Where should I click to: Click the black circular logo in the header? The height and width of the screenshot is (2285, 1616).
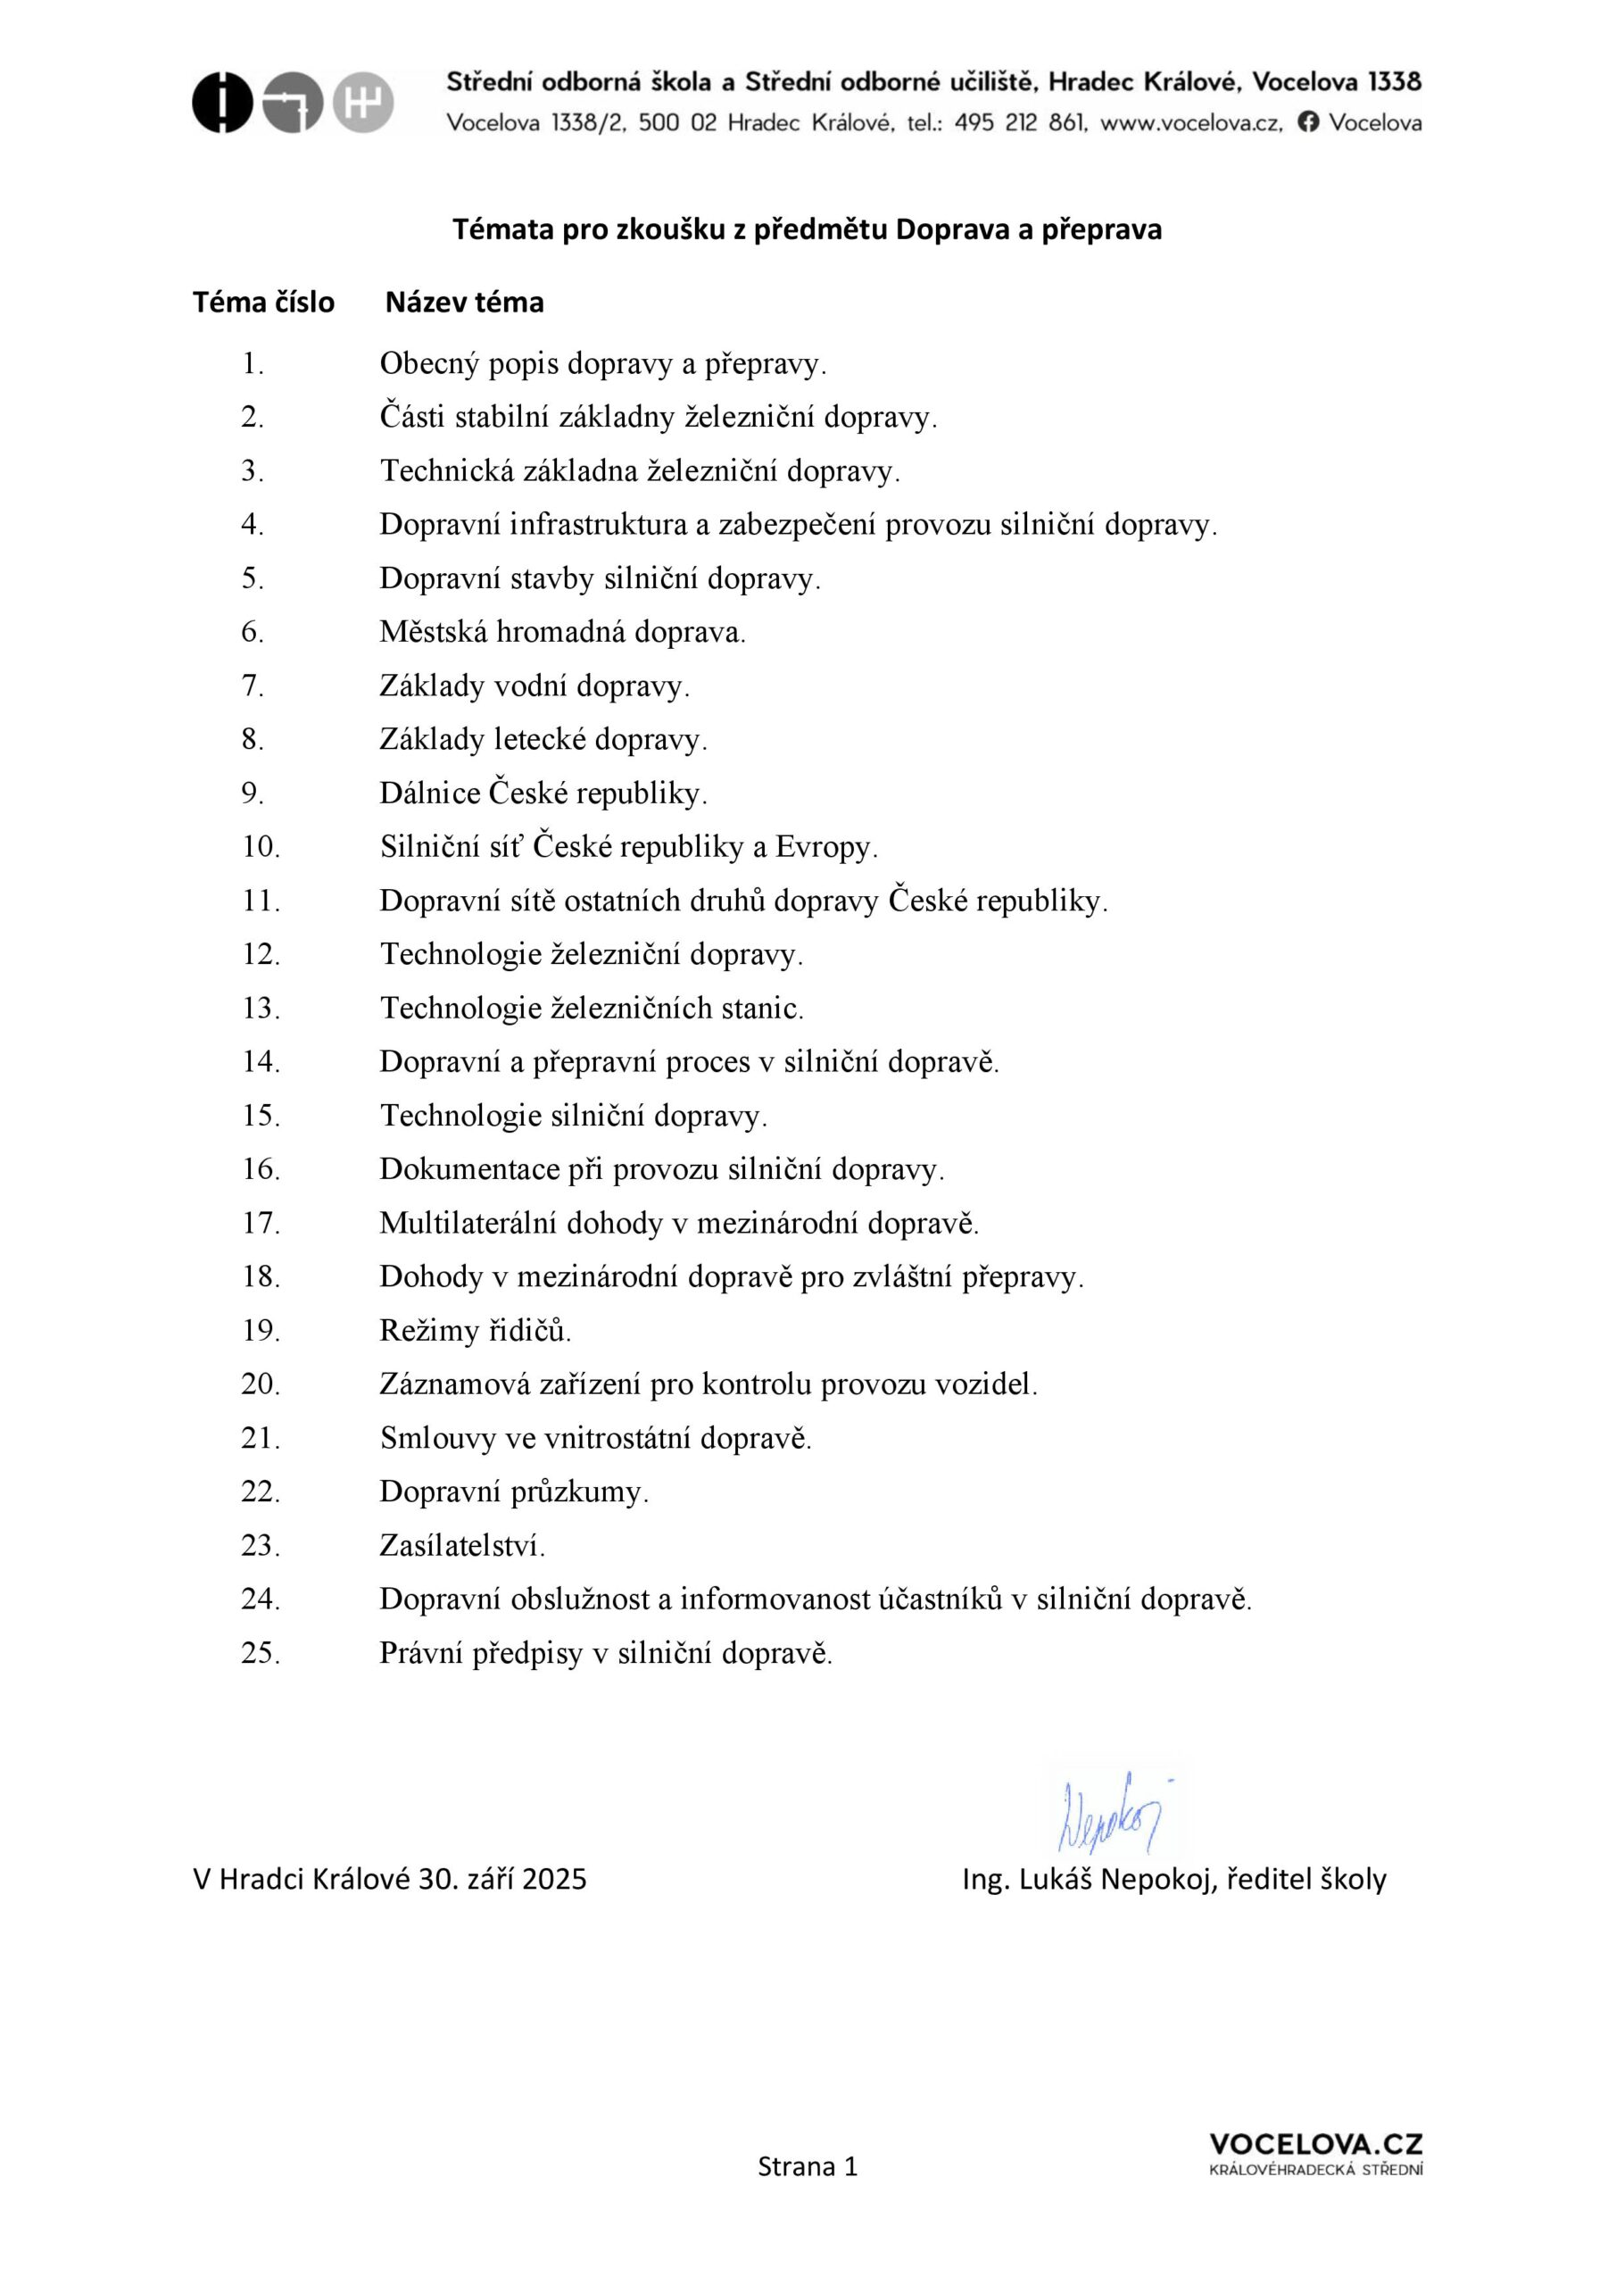(x=222, y=103)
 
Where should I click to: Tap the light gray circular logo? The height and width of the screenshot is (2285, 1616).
(x=363, y=103)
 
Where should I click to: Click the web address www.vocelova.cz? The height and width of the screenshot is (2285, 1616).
(x=1190, y=122)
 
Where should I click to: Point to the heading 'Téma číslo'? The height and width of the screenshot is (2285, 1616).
(x=264, y=303)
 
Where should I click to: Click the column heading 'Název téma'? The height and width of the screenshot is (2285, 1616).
(x=465, y=303)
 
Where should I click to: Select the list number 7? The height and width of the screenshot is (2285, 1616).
(x=252, y=685)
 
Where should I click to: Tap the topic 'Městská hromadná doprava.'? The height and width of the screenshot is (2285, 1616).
(x=562, y=632)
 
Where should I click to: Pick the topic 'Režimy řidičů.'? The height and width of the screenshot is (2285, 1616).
(x=476, y=1331)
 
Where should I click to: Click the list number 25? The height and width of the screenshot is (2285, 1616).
(x=261, y=1653)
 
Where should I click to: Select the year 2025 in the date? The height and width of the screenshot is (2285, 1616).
(x=554, y=1880)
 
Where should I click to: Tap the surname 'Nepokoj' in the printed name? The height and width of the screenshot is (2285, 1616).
(x=1156, y=1880)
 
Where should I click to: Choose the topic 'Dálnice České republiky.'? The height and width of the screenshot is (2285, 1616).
(x=543, y=794)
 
